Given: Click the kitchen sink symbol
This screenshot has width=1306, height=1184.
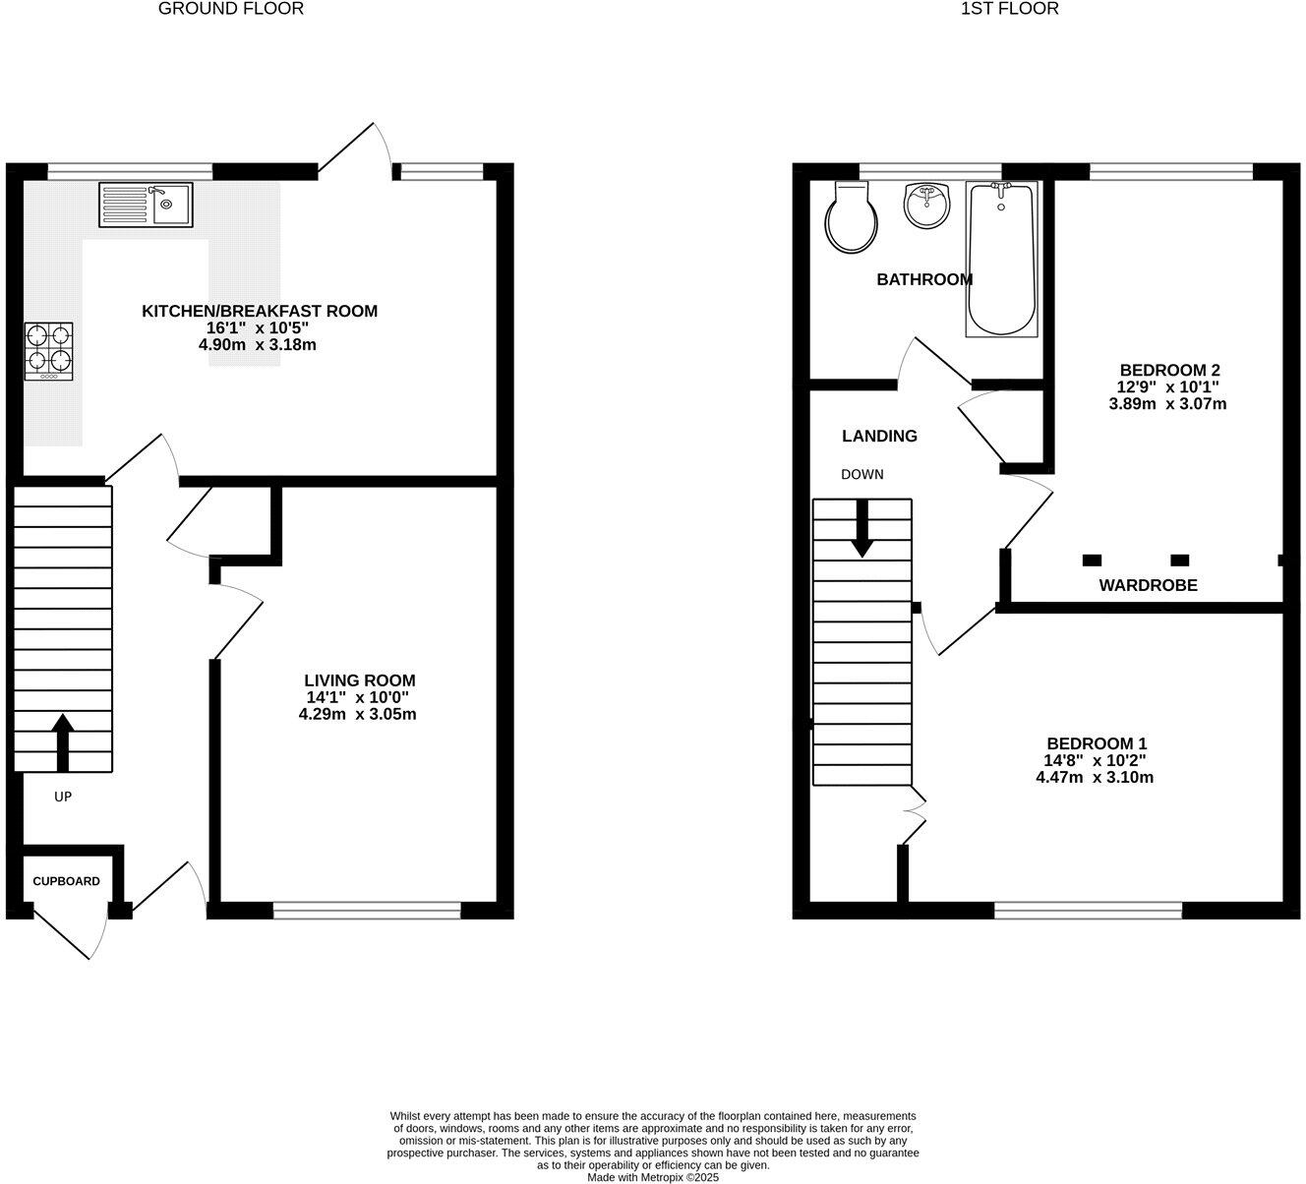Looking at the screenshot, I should (x=146, y=205).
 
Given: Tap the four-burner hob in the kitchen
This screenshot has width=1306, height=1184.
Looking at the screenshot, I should (x=48, y=351).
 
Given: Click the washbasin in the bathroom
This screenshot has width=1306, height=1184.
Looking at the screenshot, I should (x=925, y=206).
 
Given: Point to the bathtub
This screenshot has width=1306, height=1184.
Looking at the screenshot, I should (x=1001, y=260).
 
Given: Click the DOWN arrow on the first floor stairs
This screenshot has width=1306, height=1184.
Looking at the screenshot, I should (x=862, y=528).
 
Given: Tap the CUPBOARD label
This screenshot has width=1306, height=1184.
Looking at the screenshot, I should (x=66, y=881).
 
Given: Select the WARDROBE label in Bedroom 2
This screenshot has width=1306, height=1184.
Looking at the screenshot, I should (x=1148, y=585).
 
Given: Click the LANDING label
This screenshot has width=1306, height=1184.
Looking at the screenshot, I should (x=879, y=436).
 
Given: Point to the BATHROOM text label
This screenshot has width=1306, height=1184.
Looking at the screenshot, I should (x=924, y=279).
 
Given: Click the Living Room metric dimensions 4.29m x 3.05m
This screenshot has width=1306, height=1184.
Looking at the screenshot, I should (x=358, y=714).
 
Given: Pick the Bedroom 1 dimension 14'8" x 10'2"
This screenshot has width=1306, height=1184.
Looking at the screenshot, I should (x=1096, y=760).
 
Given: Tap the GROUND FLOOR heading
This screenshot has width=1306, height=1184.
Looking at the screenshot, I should (x=231, y=9).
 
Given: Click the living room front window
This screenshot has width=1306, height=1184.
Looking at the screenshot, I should (x=367, y=912).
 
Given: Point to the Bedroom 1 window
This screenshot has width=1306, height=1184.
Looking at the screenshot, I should (x=1088, y=912).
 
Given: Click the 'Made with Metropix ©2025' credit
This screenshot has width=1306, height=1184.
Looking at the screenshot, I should (x=653, y=1176).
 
